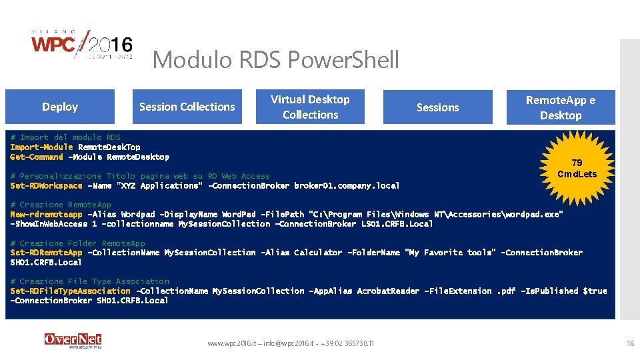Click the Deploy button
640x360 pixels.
(x=60, y=107)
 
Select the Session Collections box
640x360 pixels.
(x=187, y=107)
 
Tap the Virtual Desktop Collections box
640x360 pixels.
(x=310, y=107)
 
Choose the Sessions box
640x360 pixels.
(x=437, y=107)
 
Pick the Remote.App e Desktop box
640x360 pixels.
(x=561, y=107)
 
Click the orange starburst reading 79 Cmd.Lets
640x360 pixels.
(x=577, y=169)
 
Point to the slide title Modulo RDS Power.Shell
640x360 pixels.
(x=276, y=60)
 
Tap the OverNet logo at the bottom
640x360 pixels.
(x=73, y=340)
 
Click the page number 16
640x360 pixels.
(x=630, y=343)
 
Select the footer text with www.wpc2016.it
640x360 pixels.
(x=291, y=343)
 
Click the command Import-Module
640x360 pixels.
(x=41, y=147)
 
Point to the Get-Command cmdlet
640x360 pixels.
(x=37, y=157)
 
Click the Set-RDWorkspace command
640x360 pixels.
(x=46, y=186)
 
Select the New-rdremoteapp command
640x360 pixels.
(x=46, y=215)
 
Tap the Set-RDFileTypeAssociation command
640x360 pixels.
(x=70, y=291)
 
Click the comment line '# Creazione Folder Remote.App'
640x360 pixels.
(x=77, y=243)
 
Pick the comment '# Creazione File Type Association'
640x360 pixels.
(x=90, y=281)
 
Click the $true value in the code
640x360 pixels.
(x=595, y=291)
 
